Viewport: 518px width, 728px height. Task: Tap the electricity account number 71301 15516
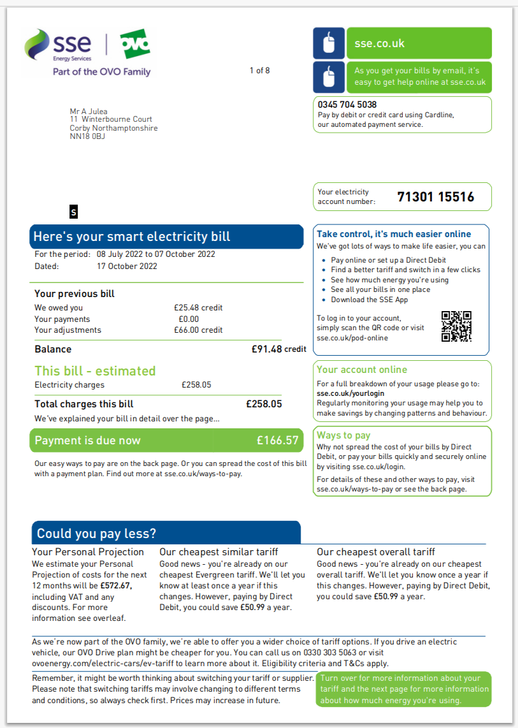435,197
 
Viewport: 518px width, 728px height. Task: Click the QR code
456,326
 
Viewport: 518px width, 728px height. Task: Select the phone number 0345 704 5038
347,105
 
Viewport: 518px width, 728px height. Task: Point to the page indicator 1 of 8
259,70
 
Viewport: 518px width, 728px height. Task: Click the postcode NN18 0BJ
87,136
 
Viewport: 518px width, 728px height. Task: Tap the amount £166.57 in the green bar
277,440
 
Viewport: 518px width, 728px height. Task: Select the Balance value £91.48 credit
278,349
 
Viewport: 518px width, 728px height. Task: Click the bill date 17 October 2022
127,266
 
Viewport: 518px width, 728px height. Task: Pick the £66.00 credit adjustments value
198,330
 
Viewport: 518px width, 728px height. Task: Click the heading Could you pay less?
96,534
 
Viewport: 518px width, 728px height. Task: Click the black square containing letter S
73,212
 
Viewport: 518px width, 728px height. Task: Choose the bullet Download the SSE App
370,300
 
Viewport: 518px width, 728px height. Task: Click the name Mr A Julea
89,112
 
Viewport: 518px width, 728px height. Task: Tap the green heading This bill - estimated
95,371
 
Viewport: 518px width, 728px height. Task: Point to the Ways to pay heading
343,435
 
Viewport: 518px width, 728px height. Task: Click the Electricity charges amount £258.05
196,385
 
